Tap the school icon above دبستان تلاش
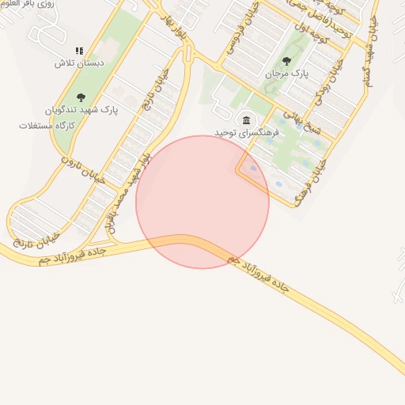click(x=78, y=51)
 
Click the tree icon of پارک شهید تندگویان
click(x=81, y=98)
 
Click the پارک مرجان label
click(x=286, y=74)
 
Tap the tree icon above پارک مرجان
click(x=286, y=60)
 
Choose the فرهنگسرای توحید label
click(x=247, y=134)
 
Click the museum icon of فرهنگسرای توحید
click(x=247, y=120)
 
